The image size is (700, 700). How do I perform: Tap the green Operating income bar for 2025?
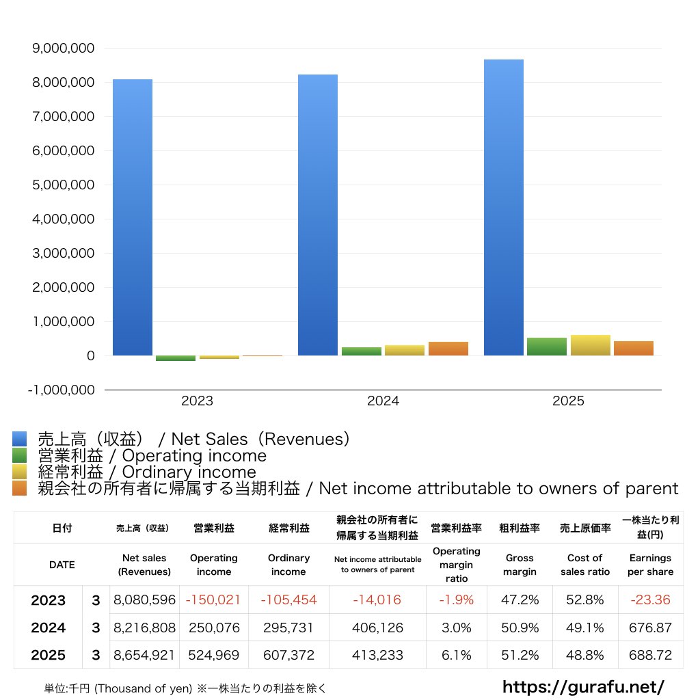click(547, 347)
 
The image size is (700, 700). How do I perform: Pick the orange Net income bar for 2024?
click(448, 349)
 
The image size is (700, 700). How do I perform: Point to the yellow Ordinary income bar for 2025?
click(591, 345)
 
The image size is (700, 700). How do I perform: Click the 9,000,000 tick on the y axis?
click(62, 49)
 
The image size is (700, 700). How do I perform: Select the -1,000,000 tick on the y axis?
click(61, 390)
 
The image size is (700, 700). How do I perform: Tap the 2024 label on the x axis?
click(383, 401)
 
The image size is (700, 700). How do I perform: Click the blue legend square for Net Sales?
click(19, 439)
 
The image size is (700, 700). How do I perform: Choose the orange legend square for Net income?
click(19, 488)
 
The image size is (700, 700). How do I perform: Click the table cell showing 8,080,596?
click(144, 600)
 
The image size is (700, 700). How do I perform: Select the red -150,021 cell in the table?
click(214, 600)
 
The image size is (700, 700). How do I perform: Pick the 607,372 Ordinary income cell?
click(288, 655)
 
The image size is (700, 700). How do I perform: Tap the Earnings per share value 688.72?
click(650, 655)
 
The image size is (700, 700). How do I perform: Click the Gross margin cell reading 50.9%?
click(520, 628)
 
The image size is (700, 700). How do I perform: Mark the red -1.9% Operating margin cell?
click(456, 600)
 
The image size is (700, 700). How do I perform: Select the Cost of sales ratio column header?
click(584, 565)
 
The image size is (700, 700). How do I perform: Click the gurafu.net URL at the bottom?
click(583, 686)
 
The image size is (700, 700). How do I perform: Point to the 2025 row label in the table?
click(48, 655)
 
